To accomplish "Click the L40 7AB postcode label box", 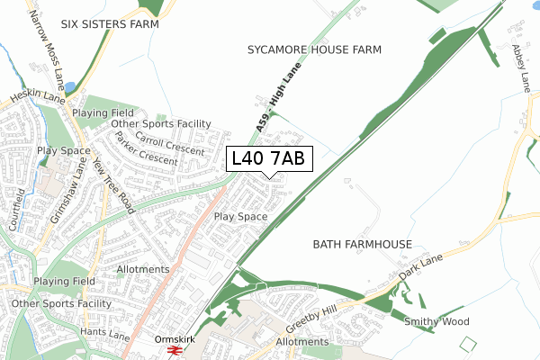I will [268, 158].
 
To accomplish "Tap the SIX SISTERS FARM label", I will [109, 24].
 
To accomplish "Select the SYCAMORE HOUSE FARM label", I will [314, 50].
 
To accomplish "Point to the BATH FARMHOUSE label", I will [363, 245].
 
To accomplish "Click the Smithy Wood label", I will [437, 321].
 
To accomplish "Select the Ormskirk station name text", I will [174, 339].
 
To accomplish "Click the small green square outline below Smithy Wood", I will [466, 345].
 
